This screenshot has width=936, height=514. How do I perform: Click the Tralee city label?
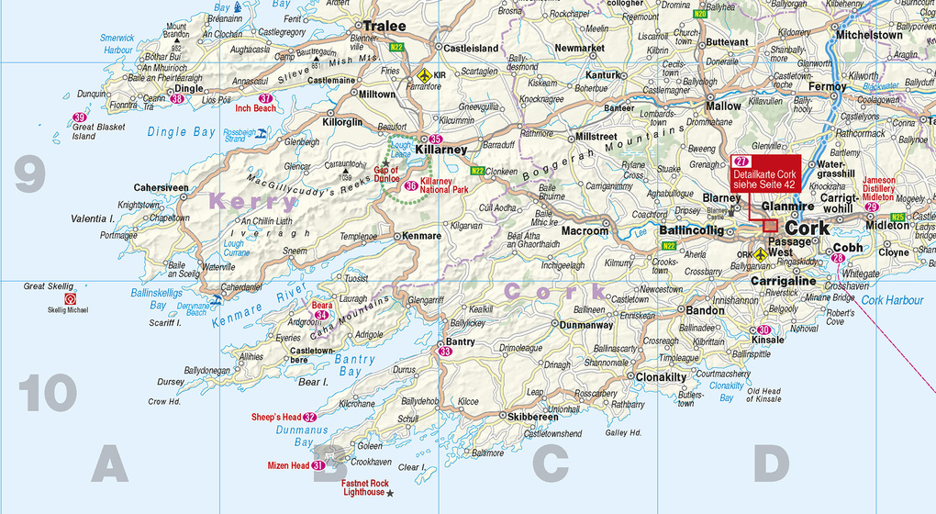click(384, 27)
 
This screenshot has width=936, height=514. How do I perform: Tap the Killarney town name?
click(441, 150)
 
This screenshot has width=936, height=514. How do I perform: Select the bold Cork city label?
click(808, 229)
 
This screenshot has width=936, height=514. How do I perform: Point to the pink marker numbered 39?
click(80, 117)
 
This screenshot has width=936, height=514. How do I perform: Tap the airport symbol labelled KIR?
click(423, 73)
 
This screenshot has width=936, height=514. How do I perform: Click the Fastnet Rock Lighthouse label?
click(364, 487)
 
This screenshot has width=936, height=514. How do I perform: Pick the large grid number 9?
click(29, 175)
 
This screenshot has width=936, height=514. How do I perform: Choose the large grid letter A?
click(109, 464)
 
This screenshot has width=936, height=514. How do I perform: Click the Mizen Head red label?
click(288, 465)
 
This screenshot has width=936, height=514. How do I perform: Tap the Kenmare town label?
click(422, 236)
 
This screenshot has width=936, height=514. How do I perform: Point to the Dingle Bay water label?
click(182, 132)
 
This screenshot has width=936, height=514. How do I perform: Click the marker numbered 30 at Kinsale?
click(763, 330)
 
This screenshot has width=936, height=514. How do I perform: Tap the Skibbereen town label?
click(532, 416)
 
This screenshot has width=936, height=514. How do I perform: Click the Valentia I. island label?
click(93, 218)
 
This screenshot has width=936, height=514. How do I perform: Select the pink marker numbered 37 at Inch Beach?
click(266, 98)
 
